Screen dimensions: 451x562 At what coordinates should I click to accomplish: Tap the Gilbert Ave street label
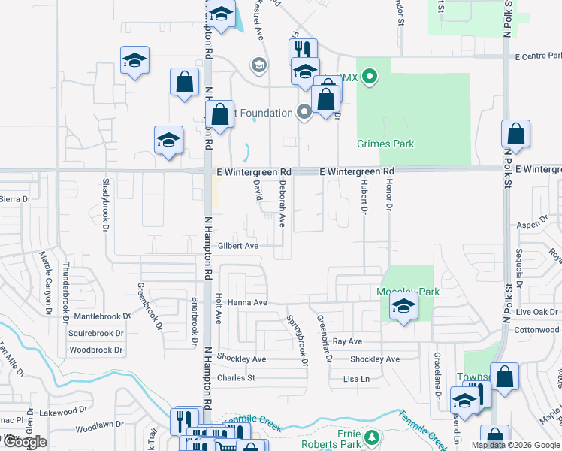click(238, 246)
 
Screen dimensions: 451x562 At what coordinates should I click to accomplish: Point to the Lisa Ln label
click(356, 379)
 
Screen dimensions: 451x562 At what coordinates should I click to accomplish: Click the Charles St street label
click(236, 377)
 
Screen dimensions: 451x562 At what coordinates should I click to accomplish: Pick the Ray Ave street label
click(347, 341)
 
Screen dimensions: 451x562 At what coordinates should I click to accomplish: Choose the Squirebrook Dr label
click(95, 333)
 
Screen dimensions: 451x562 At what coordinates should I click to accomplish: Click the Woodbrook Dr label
click(95, 350)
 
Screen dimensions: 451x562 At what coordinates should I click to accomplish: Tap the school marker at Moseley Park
click(403, 307)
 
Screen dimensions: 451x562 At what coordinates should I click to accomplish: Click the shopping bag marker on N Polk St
click(515, 135)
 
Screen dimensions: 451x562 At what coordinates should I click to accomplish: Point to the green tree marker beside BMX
click(368, 76)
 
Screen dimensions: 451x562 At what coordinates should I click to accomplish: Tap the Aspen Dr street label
click(533, 225)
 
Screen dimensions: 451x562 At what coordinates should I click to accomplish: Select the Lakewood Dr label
click(59, 412)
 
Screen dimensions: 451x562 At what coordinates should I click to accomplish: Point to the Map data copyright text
click(515, 445)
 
